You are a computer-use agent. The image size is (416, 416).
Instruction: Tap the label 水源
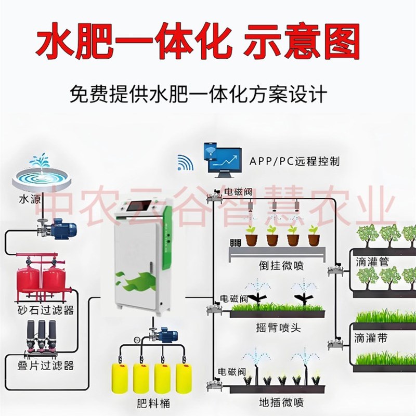coord(29,199)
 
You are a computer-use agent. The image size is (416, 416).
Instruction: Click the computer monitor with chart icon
coord(225,159)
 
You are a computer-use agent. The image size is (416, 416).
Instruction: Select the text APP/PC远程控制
coord(294,161)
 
